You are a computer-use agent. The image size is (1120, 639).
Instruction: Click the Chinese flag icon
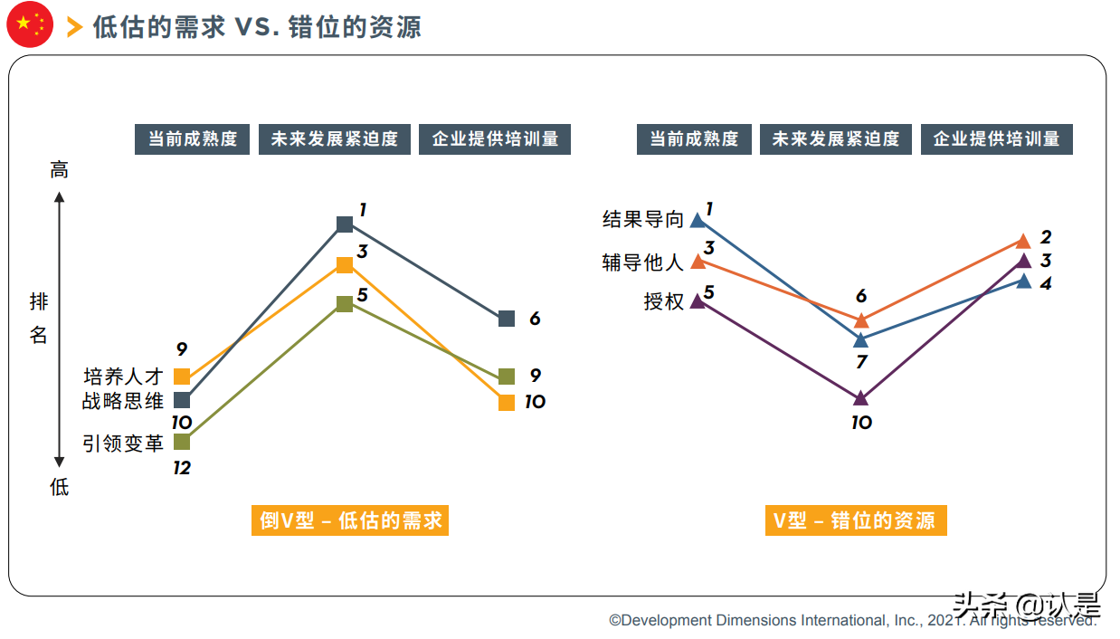(x=30, y=25)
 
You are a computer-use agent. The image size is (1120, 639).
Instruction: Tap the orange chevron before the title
(x=75, y=27)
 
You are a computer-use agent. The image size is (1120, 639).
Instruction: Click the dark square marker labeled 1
(x=345, y=224)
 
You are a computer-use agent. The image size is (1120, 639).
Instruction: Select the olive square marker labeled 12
(x=182, y=442)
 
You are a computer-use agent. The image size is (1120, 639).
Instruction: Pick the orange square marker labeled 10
(x=507, y=403)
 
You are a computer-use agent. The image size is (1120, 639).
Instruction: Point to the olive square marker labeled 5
(x=345, y=304)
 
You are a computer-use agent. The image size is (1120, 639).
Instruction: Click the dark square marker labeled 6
(x=507, y=319)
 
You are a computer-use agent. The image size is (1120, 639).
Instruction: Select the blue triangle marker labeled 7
(x=861, y=340)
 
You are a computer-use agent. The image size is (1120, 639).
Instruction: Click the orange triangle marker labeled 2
(x=1023, y=241)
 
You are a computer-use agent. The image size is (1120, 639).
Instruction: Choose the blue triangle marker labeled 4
(x=1023, y=281)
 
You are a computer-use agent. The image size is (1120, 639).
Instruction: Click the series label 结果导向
(x=643, y=220)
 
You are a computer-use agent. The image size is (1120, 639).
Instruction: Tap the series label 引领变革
(x=123, y=443)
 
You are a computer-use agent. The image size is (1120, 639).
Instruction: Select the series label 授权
(x=664, y=301)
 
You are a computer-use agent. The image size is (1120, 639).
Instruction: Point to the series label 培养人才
(x=123, y=377)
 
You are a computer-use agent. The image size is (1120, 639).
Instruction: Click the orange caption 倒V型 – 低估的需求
(x=350, y=520)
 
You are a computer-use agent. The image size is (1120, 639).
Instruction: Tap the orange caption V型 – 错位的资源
(x=855, y=520)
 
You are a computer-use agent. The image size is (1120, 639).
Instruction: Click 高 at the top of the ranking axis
(x=60, y=170)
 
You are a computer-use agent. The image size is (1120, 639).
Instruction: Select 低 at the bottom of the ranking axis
(x=60, y=488)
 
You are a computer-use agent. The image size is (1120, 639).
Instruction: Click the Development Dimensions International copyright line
(x=850, y=621)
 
